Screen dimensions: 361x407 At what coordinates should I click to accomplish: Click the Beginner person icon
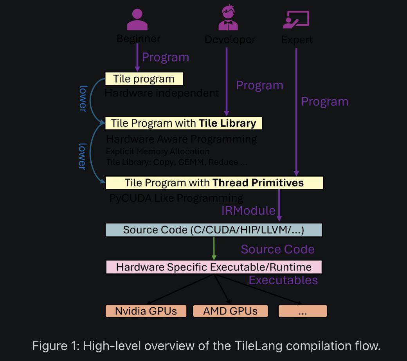(137, 20)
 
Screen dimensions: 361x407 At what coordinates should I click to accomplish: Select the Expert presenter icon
(296, 20)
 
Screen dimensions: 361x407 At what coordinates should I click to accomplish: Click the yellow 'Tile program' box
(144, 79)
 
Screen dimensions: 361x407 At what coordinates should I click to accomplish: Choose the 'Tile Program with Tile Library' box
(184, 123)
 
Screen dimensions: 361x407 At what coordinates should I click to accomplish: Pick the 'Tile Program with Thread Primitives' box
(214, 183)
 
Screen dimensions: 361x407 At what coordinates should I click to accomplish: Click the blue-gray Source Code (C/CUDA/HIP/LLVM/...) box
(214, 230)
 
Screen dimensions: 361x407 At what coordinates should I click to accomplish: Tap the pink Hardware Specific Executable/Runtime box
(214, 267)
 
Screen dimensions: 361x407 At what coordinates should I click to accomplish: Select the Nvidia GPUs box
(146, 311)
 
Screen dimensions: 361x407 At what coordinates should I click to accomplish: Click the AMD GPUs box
(231, 311)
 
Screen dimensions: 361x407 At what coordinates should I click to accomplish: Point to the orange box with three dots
(303, 311)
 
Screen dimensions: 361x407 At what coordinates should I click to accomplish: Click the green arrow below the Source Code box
(214, 249)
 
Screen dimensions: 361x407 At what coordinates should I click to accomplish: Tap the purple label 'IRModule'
(248, 211)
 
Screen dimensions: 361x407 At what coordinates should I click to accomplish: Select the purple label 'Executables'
(283, 280)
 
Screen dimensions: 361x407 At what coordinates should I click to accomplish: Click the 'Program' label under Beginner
(165, 57)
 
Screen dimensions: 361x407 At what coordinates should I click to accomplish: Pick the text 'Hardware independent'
(162, 93)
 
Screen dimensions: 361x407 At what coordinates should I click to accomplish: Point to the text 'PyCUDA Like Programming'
(176, 198)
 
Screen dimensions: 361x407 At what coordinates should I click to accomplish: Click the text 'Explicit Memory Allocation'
(158, 152)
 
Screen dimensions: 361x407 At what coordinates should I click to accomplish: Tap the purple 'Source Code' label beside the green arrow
(277, 249)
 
